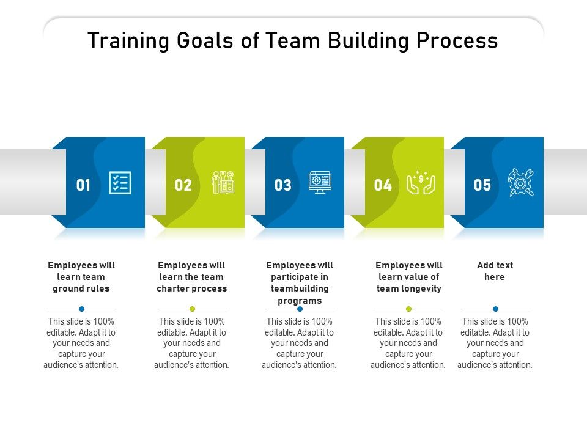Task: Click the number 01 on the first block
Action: click(83, 185)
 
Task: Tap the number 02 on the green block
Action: click(183, 185)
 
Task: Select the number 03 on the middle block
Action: click(282, 185)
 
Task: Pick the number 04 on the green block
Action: click(383, 185)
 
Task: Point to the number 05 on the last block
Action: click(482, 185)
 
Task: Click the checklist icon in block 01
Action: click(120, 183)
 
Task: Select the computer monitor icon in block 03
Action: click(320, 182)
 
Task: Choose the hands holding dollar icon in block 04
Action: click(421, 183)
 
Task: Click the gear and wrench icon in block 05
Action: click(520, 183)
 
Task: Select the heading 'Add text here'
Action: click(495, 271)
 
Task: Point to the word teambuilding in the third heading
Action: click(300, 288)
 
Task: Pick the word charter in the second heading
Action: click(176, 288)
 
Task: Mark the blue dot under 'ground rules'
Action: click(81, 309)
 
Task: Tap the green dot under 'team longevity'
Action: click(409, 309)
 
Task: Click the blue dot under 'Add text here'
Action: click(495, 309)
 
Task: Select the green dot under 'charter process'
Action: click(192, 309)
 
